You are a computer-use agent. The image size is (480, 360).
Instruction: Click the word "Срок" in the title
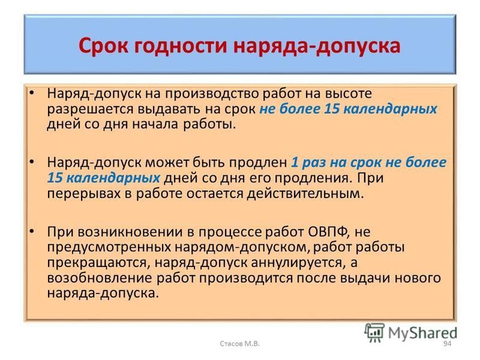click(x=102, y=46)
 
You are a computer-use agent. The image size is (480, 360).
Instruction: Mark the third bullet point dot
click(x=32, y=230)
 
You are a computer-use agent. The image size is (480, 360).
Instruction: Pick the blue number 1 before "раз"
click(x=294, y=162)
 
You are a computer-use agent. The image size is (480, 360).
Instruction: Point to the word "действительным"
click(x=305, y=194)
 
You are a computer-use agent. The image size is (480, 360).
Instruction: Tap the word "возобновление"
click(x=100, y=278)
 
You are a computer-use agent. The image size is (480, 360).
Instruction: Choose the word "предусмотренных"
click(x=109, y=248)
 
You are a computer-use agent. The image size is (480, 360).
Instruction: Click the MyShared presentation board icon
click(x=374, y=332)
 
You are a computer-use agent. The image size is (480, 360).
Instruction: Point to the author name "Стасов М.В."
click(x=239, y=343)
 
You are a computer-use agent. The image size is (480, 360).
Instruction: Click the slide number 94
click(x=447, y=343)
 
